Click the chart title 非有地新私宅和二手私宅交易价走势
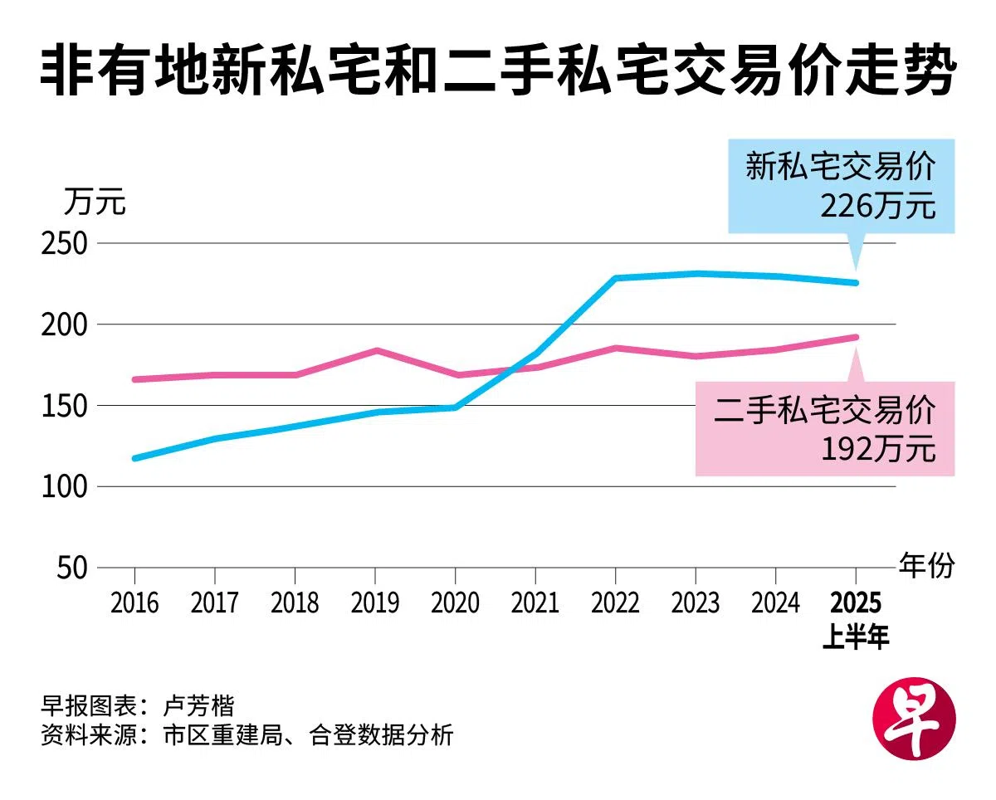(x=498, y=74)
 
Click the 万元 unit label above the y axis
(x=95, y=202)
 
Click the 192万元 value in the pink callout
(x=878, y=449)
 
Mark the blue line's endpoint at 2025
(x=856, y=283)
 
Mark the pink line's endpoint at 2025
(x=856, y=337)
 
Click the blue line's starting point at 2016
(x=134, y=458)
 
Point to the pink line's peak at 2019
(x=375, y=350)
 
